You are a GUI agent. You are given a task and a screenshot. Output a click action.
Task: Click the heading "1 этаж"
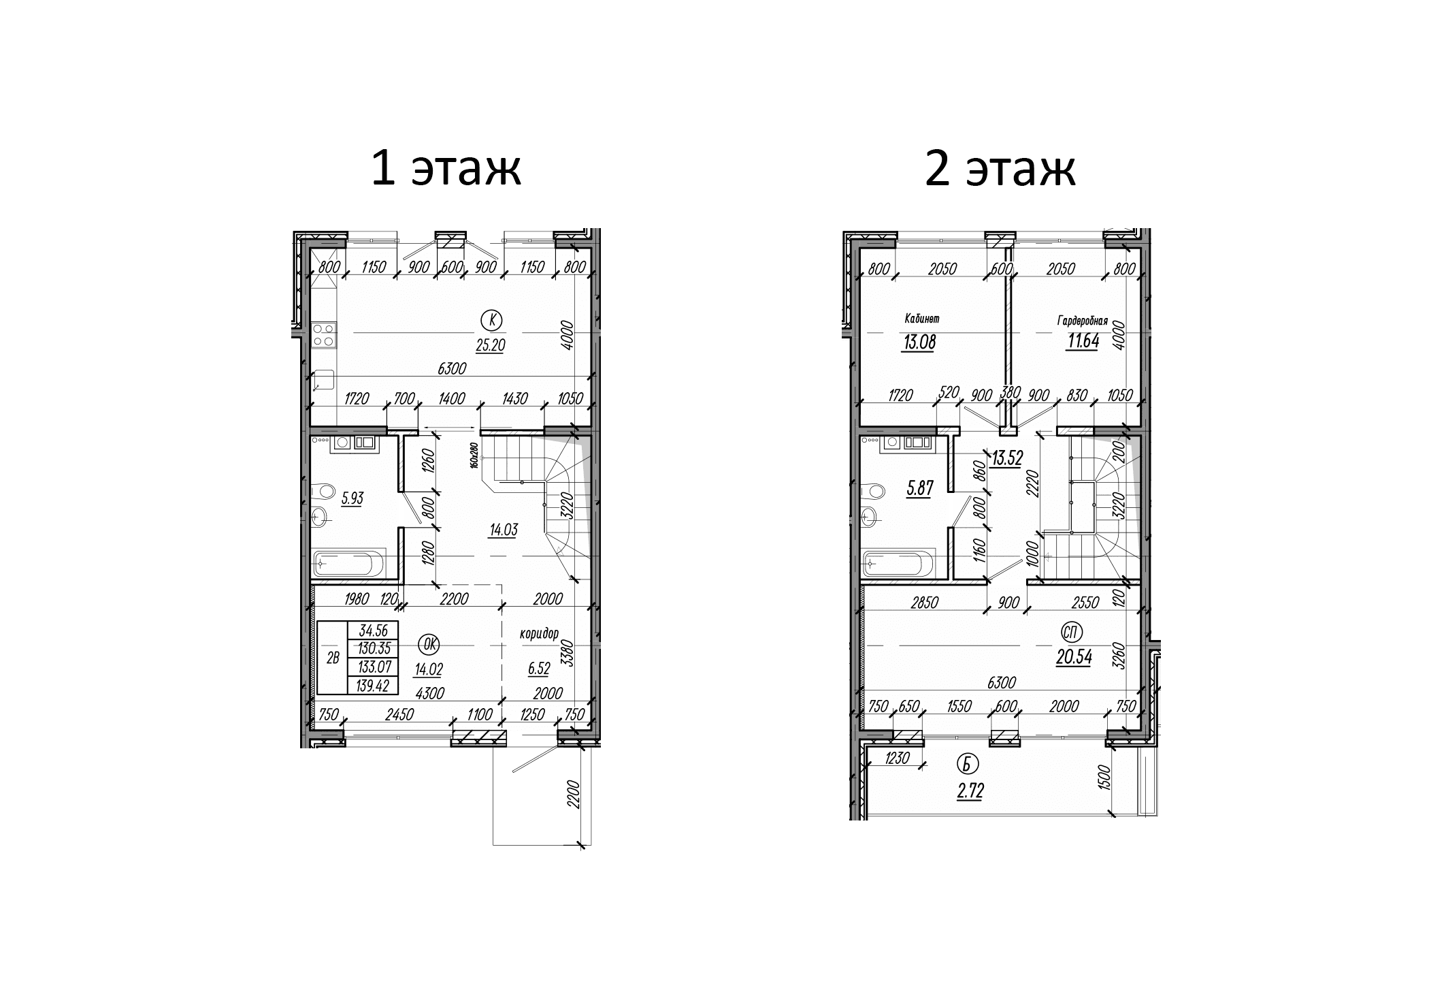pos(446,169)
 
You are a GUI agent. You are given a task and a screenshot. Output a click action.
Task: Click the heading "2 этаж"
pos(1000,169)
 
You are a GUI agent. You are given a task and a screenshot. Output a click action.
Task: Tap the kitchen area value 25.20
pos(490,346)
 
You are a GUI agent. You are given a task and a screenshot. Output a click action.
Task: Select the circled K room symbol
pos(491,319)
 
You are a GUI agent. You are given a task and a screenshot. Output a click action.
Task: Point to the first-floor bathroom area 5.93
pos(352,498)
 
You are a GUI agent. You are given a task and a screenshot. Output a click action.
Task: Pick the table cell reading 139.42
pos(372,686)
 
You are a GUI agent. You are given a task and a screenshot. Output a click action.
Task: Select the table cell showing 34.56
pos(372,631)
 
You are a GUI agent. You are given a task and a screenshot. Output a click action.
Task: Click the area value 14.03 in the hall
pos(503,530)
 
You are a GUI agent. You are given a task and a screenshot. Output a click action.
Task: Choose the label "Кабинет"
pos(922,318)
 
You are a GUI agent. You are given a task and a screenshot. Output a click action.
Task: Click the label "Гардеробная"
pos(1083,320)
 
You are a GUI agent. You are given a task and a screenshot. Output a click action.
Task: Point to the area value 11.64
pos(1083,342)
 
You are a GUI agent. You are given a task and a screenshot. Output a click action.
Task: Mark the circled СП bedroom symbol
pos(1071,633)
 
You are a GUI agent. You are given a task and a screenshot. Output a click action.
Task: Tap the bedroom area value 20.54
pos(1074,658)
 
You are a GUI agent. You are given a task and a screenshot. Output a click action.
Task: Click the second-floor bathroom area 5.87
pos(919,488)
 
